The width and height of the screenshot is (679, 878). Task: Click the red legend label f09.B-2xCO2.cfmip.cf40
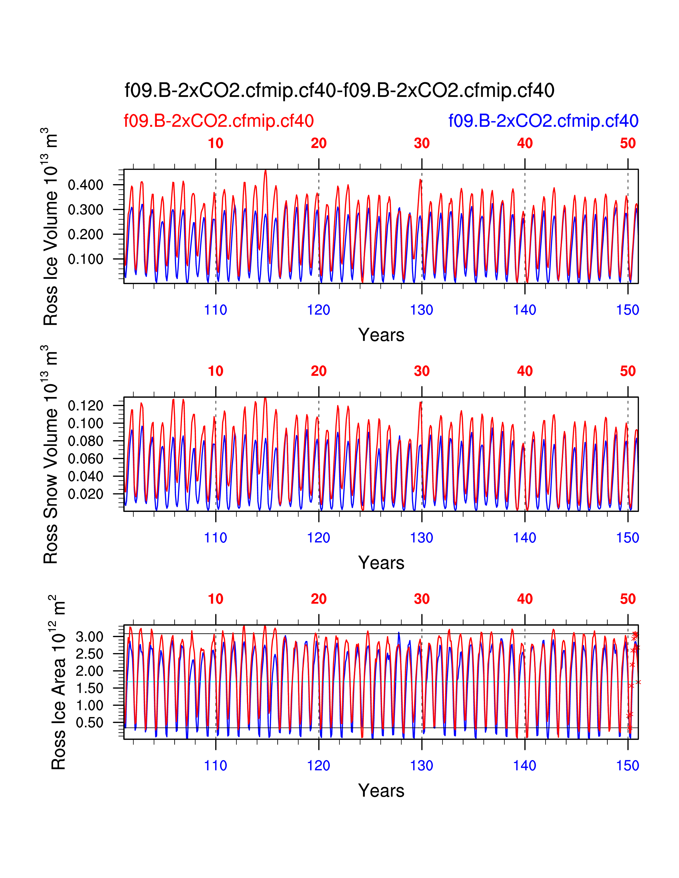coord(218,121)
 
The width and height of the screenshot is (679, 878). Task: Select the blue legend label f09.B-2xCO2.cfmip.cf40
coord(543,121)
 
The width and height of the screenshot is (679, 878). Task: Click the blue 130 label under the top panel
coord(422,310)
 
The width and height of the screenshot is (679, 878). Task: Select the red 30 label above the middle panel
coord(422,371)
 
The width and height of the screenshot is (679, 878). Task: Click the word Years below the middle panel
coord(381,563)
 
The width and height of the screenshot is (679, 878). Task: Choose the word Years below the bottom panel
coord(381,791)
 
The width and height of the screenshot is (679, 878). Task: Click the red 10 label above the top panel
coord(216,143)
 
